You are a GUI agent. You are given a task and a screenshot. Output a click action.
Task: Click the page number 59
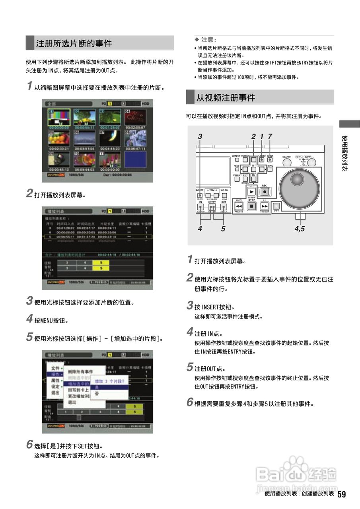click(342, 494)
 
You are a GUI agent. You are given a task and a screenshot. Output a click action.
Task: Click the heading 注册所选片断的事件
click(74, 43)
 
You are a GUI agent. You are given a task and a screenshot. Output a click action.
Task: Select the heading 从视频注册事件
click(226, 97)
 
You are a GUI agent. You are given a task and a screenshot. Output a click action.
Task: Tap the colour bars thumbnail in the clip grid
click(59, 118)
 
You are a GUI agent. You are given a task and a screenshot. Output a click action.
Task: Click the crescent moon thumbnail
click(110, 139)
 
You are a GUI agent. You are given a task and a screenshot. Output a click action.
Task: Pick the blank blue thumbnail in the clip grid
click(135, 159)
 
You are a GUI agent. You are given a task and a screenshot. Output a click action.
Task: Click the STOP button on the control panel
click(251, 206)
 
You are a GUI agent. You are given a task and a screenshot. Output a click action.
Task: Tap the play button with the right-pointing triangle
click(251, 192)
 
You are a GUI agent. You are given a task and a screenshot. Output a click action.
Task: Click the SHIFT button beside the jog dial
click(276, 206)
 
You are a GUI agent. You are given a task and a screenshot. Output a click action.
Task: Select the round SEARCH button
click(287, 163)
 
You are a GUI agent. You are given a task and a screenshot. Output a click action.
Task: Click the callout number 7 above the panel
click(270, 136)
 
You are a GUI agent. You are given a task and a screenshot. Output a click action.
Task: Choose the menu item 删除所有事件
click(80, 371)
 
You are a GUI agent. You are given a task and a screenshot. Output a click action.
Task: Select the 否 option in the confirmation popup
click(97, 393)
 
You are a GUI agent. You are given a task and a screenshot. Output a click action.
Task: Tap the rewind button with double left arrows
click(239, 206)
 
